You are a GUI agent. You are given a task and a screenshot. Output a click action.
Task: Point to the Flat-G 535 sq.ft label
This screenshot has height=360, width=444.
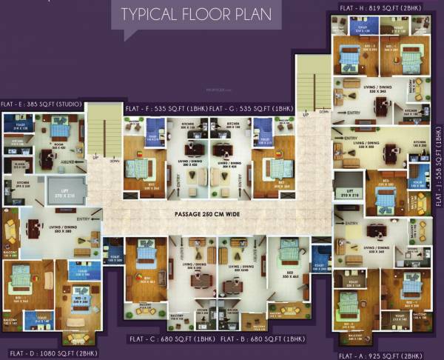241,108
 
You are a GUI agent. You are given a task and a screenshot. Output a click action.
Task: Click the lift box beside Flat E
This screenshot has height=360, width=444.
67,190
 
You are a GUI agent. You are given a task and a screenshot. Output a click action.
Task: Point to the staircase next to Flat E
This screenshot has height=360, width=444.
101,133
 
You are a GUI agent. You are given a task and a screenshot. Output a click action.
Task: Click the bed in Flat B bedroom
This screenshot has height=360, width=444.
289,252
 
